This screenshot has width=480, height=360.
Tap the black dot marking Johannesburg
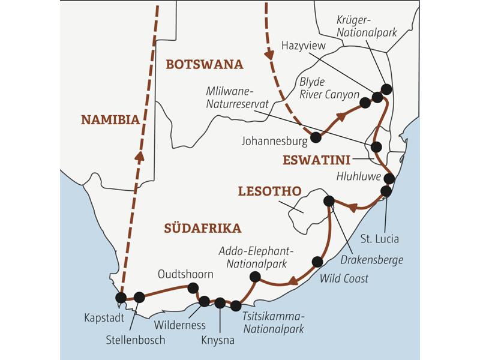316,137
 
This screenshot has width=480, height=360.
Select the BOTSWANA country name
205,65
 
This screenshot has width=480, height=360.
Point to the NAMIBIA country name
110,120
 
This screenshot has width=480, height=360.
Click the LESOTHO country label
269,191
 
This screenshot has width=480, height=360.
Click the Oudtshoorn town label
185,274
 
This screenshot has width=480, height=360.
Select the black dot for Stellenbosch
139,297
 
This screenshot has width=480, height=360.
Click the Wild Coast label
344,278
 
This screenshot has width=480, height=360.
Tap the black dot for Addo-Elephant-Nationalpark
254,277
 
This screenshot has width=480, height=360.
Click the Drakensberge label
371,259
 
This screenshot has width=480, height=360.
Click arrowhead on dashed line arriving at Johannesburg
269,55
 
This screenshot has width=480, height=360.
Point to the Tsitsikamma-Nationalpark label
274,322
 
